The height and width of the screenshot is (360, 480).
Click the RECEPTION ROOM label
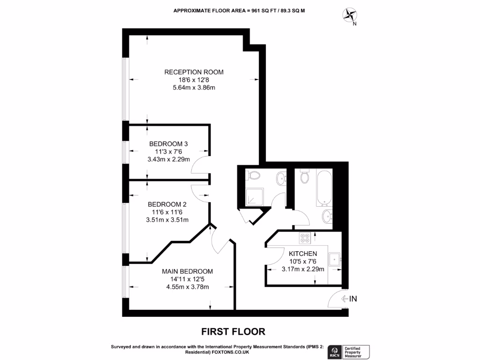pyautogui.click(x=194, y=72)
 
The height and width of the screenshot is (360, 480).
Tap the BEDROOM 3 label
pyautogui.click(x=168, y=144)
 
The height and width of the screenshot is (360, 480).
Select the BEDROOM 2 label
pyautogui.click(x=167, y=204)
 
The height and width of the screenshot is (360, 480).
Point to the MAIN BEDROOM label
pyautogui.click(x=187, y=271)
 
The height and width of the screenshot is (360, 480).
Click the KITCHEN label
pyautogui.click(x=303, y=254)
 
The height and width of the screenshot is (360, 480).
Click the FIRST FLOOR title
pyautogui.click(x=233, y=331)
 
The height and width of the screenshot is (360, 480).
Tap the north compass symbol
pyautogui.click(x=350, y=15)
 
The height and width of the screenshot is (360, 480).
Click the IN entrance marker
pyautogui.click(x=349, y=299)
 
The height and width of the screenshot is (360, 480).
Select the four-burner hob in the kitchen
pyautogui.click(x=305, y=238)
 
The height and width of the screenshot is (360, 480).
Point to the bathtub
pyautogui.click(x=324, y=188)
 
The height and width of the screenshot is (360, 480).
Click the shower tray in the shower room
pyautogui.click(x=255, y=196)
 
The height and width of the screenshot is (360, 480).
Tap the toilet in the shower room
pyautogui.click(x=254, y=175)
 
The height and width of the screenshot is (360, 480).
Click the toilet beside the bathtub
pyautogui.click(x=305, y=177)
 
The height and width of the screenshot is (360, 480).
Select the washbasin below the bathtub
pyautogui.click(x=327, y=217)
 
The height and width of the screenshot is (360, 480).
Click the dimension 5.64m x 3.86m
pyautogui.click(x=194, y=88)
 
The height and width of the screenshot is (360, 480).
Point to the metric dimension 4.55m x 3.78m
pyautogui.click(x=187, y=287)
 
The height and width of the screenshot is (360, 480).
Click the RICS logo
pyautogui.click(x=335, y=352)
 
